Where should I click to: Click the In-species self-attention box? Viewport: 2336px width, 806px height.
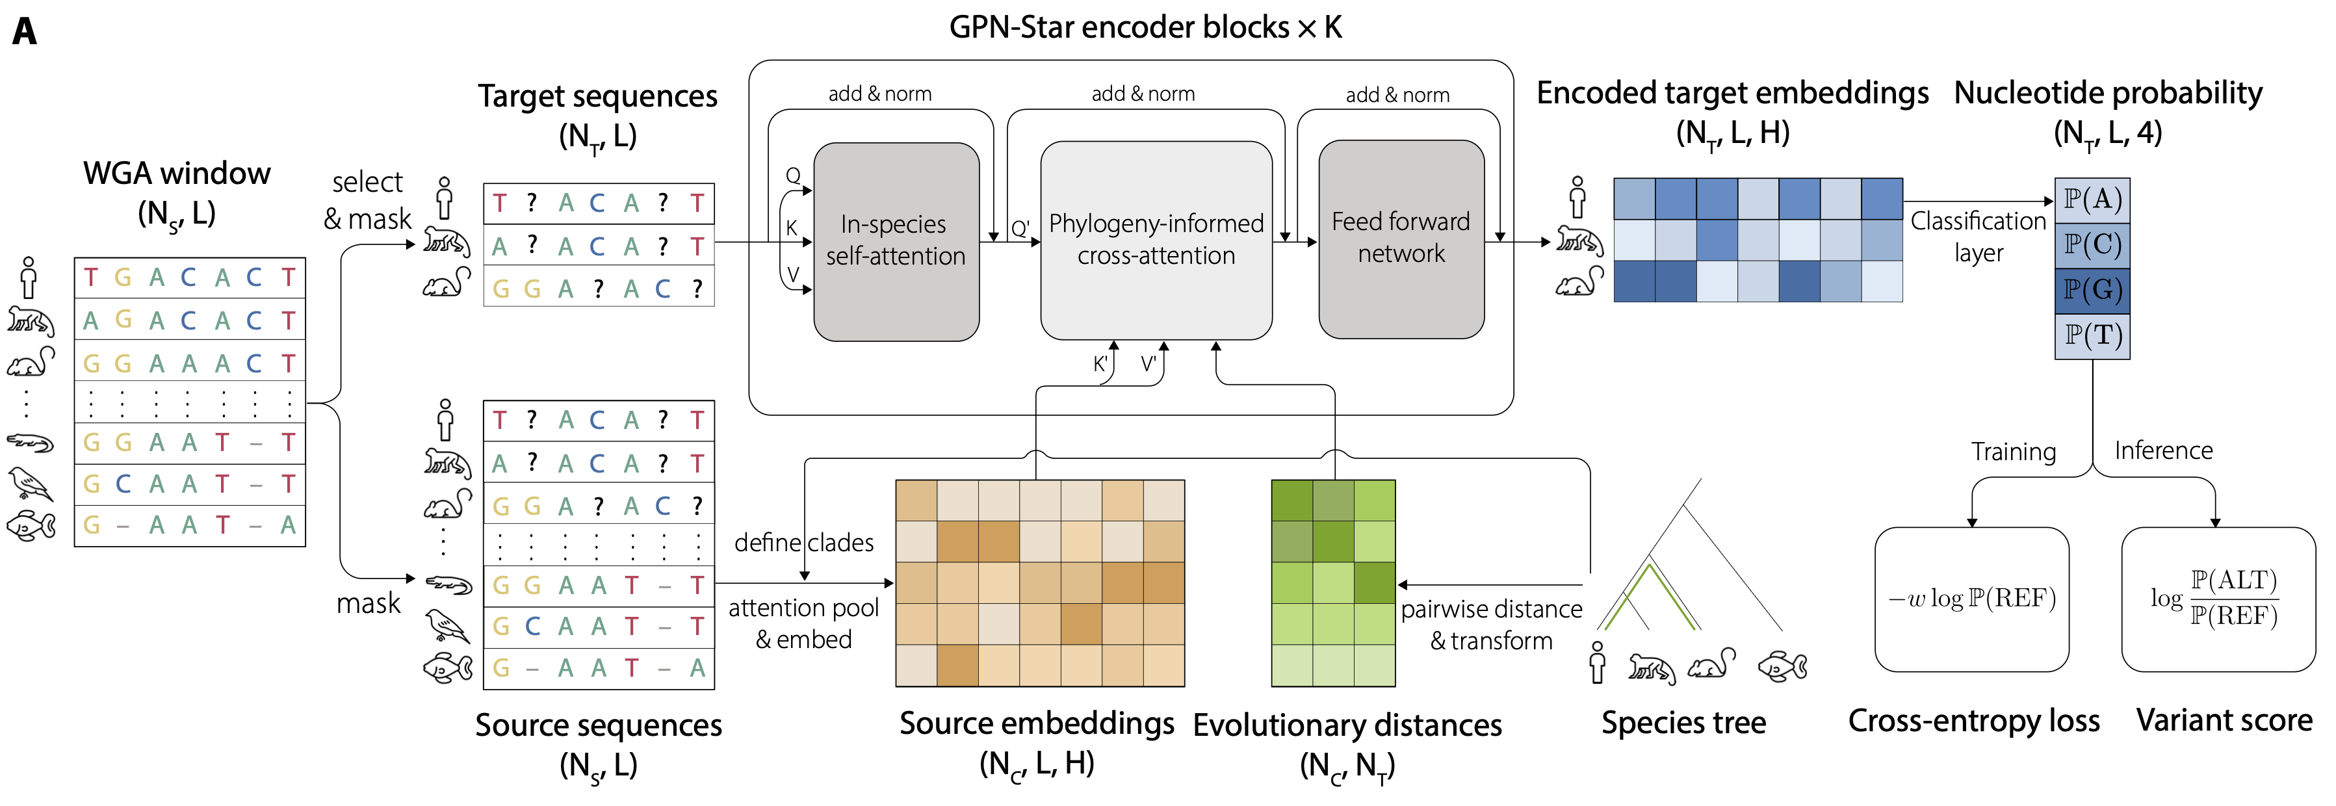[896, 241]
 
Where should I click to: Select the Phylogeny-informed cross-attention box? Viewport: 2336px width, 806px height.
[1156, 240]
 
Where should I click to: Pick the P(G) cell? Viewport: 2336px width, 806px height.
[2092, 290]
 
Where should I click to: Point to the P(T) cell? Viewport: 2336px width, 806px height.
[2092, 335]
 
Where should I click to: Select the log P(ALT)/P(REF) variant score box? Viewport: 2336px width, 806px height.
[2217, 599]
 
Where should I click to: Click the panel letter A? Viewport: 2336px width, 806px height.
[25, 32]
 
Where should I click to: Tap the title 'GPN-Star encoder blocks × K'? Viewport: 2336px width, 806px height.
[1145, 28]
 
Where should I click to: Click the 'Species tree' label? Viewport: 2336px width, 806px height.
[1683, 723]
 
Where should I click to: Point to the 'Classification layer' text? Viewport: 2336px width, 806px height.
[1978, 236]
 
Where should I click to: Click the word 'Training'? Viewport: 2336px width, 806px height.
[2013, 452]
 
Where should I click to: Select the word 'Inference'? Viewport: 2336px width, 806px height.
[2163, 450]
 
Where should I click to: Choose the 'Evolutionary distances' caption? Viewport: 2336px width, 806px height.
[1347, 725]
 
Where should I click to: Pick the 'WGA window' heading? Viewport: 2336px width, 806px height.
[177, 173]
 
